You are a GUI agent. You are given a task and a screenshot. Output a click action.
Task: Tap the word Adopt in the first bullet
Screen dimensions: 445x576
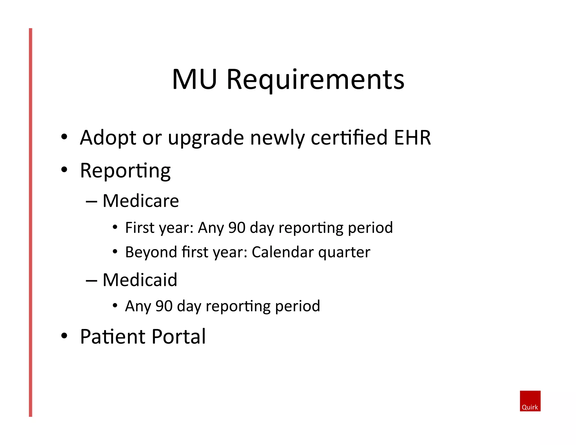(x=108, y=138)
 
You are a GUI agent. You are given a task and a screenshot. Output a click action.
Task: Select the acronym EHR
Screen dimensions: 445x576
(x=412, y=138)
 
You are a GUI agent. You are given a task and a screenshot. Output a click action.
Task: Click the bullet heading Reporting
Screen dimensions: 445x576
(x=125, y=171)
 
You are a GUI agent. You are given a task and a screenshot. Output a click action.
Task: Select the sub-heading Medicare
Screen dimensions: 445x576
(x=141, y=201)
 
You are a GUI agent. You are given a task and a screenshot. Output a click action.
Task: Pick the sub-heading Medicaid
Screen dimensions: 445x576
(x=140, y=280)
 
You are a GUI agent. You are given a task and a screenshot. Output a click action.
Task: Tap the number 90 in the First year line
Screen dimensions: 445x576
(x=237, y=228)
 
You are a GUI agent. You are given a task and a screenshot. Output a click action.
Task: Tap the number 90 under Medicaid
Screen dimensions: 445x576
(x=164, y=306)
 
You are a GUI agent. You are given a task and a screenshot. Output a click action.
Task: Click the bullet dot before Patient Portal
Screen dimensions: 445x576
(x=64, y=336)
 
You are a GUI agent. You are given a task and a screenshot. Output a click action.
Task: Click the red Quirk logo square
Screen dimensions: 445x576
(x=530, y=401)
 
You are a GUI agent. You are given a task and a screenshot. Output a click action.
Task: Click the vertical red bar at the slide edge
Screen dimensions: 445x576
(x=31, y=222)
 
